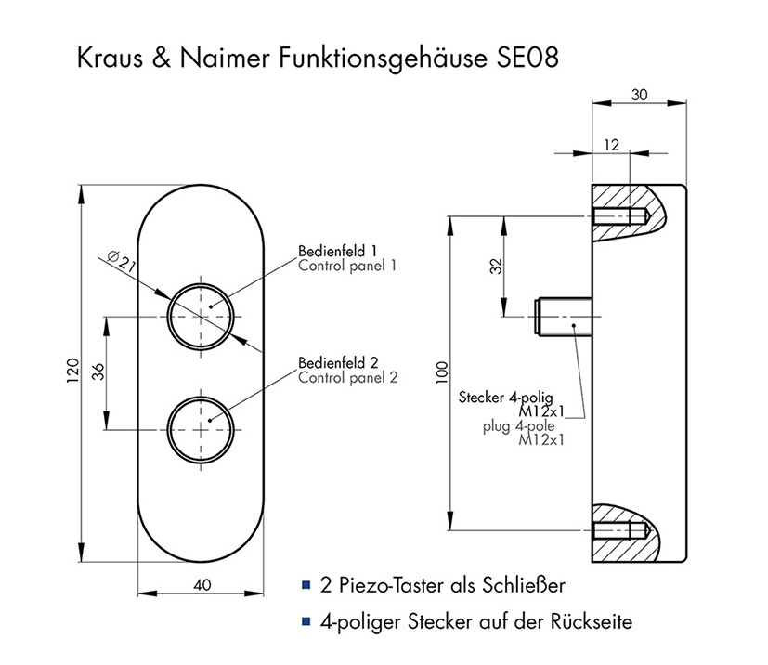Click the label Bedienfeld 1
pyautogui.click(x=337, y=251)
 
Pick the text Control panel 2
pyautogui.click(x=347, y=377)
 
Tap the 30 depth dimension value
pyautogui.click(x=640, y=94)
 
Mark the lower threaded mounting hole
pyautogui.click(x=618, y=531)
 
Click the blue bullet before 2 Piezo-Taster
pyautogui.click(x=306, y=585)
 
